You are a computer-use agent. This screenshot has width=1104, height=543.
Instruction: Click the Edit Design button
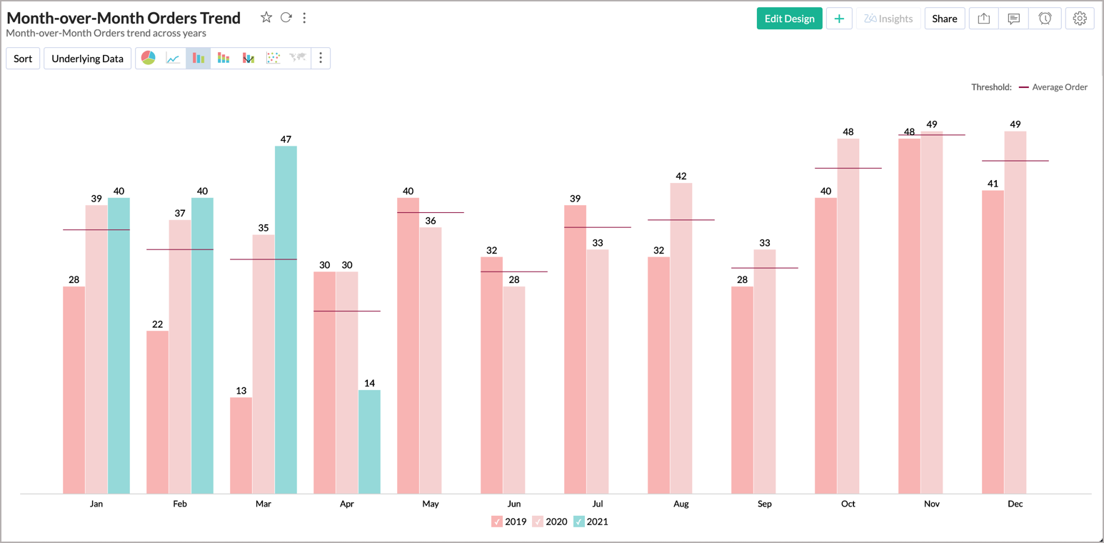[x=789, y=19]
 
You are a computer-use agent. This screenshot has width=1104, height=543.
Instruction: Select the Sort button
[x=23, y=59]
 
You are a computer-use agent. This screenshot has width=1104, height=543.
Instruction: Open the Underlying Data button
[x=87, y=59]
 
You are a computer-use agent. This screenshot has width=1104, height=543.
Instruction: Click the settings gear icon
[x=1080, y=19]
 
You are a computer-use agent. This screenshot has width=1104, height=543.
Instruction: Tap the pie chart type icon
[x=149, y=59]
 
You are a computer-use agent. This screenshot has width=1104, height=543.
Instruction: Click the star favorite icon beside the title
[x=266, y=18]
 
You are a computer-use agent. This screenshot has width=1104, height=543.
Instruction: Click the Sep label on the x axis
[x=764, y=504]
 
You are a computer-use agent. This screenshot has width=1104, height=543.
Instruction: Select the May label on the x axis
[x=430, y=504]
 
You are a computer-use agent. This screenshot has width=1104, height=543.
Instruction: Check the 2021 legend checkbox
[x=579, y=522]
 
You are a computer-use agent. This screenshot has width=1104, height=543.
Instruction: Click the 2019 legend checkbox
[x=497, y=522]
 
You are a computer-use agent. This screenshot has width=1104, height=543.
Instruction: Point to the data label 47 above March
[x=286, y=139]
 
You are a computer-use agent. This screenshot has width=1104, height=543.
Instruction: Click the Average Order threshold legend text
[x=1060, y=87]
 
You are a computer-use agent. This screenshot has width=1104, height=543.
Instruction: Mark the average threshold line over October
[x=848, y=168]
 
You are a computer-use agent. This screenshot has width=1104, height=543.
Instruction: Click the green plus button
[x=839, y=19]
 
